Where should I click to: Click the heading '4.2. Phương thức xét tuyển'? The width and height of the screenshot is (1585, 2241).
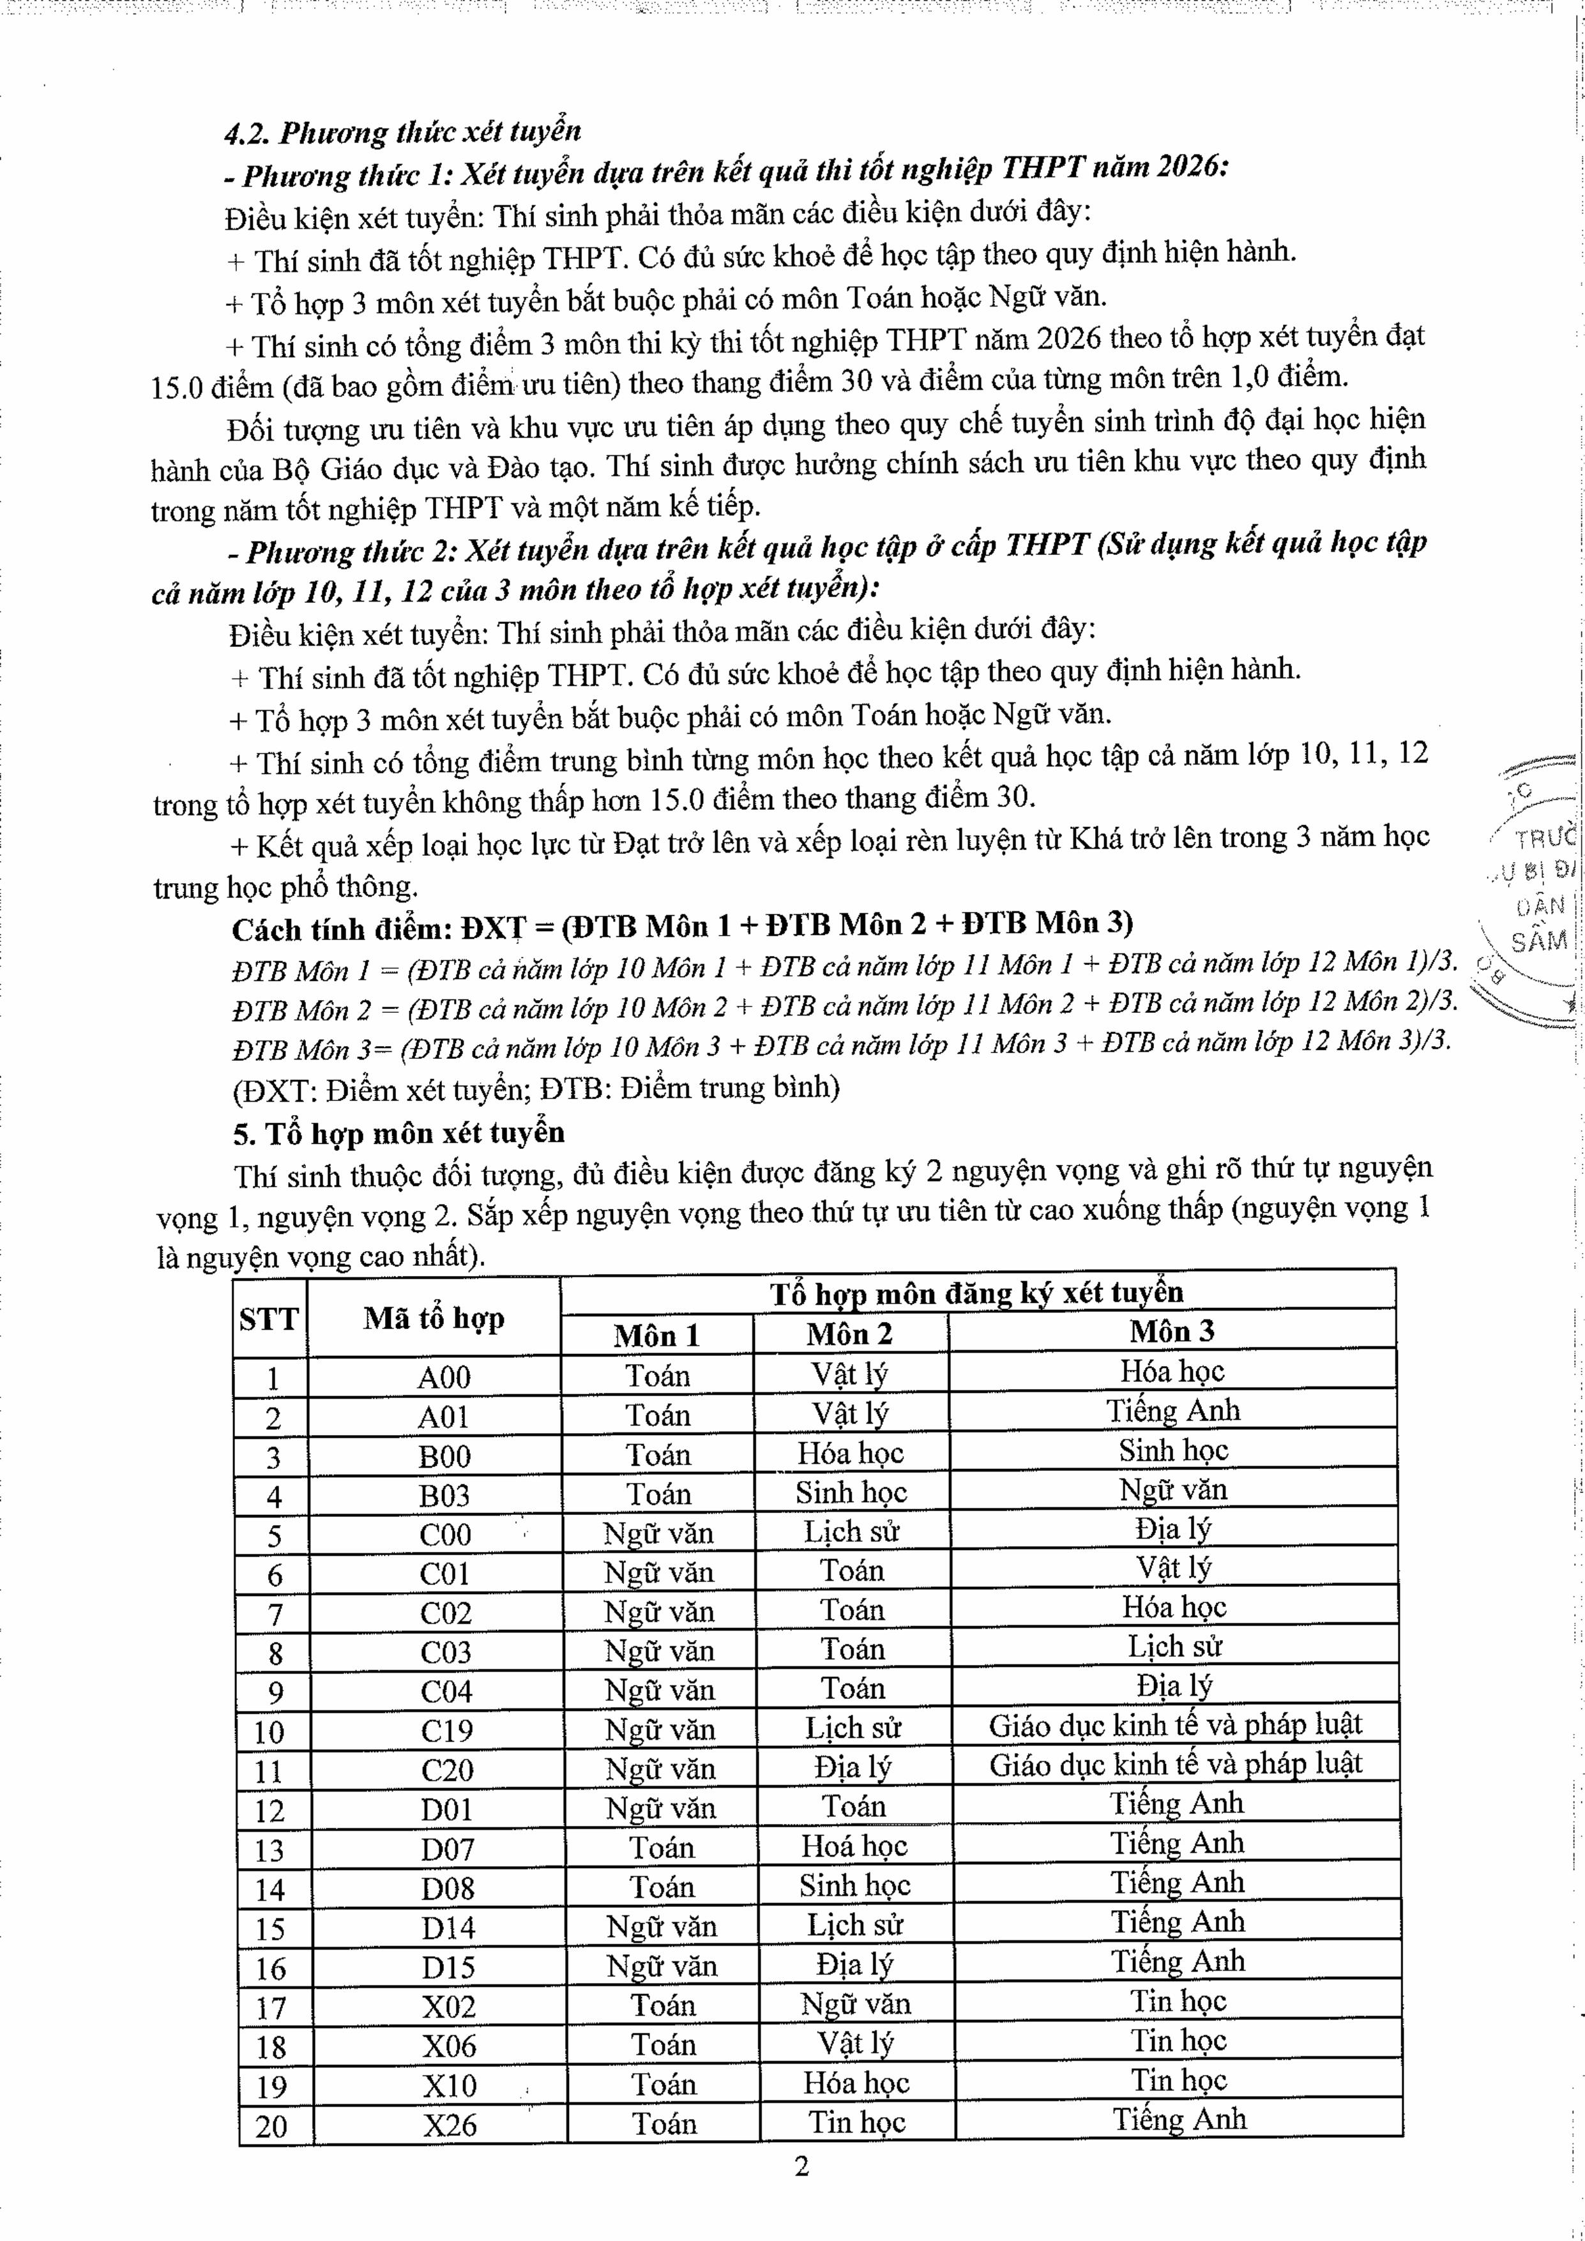[x=403, y=132]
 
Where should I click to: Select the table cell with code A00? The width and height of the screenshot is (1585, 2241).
[x=444, y=1377]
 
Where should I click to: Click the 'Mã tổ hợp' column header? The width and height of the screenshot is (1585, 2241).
[x=434, y=1319]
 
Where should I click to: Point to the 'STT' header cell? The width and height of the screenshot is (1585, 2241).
[x=268, y=1319]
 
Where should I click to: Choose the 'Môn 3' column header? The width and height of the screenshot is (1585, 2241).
[x=1172, y=1332]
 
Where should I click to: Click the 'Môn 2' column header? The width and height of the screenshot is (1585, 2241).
[x=850, y=1333]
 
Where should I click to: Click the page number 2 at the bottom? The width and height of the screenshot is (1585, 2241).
[x=802, y=2166]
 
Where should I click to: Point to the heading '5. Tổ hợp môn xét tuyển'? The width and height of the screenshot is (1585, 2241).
[x=399, y=1133]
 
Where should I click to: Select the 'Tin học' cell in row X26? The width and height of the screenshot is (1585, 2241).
[x=857, y=2123]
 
